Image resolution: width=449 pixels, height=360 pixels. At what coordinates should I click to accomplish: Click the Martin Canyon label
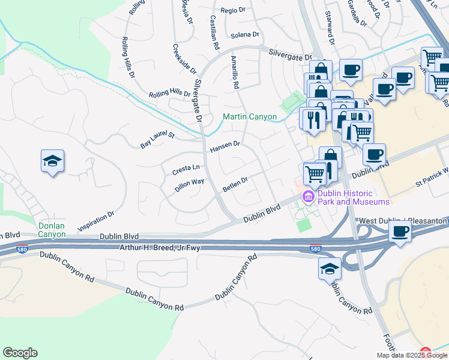coord(250,116)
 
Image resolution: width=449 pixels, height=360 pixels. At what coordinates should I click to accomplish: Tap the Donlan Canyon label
coord(52,230)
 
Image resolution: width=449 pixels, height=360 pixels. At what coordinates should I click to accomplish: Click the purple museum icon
coord(309,197)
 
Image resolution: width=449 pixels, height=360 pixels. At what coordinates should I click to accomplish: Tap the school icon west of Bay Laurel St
coord(53,161)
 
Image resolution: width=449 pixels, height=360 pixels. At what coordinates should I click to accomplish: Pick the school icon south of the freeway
coord(330,269)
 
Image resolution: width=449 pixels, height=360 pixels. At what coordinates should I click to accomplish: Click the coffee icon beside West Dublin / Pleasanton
coord(400,232)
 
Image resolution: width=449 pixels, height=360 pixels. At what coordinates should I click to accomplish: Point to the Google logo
coord(20,353)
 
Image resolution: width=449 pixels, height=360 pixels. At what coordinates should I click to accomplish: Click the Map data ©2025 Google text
coord(412,355)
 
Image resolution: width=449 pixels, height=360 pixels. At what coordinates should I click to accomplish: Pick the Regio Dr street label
coord(234,11)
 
